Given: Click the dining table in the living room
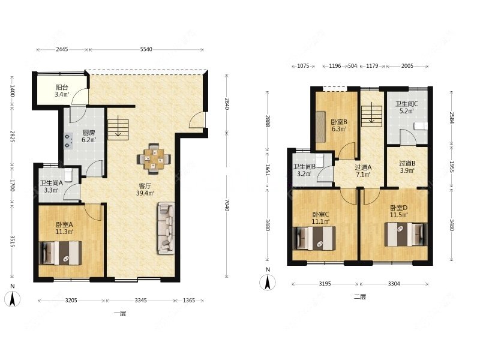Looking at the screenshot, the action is [x=154, y=159].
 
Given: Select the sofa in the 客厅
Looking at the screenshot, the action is [x=166, y=228].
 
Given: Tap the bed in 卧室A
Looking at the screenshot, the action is [x=61, y=253].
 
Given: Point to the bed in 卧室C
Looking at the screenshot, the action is [x=314, y=238].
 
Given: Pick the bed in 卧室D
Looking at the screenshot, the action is [x=406, y=234].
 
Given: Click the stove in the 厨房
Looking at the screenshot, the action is [x=68, y=141].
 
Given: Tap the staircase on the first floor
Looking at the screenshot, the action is [x=118, y=129].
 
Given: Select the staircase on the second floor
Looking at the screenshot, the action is [x=371, y=116].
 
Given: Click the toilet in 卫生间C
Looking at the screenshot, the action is [x=421, y=126].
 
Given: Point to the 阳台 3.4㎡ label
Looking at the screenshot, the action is [x=62, y=91].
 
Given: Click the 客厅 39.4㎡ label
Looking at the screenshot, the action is [x=145, y=190].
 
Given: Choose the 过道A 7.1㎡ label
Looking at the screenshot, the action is [x=363, y=171].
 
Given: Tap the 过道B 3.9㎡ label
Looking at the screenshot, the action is [x=407, y=167].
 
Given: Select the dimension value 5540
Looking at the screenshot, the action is [x=146, y=49].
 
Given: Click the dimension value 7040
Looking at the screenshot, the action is [x=227, y=205].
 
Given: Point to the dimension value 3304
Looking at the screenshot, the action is [x=394, y=284].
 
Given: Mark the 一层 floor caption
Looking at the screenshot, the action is [x=120, y=313].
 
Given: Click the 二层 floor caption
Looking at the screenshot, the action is [x=359, y=296].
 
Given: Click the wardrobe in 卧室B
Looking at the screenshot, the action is [x=320, y=127].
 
